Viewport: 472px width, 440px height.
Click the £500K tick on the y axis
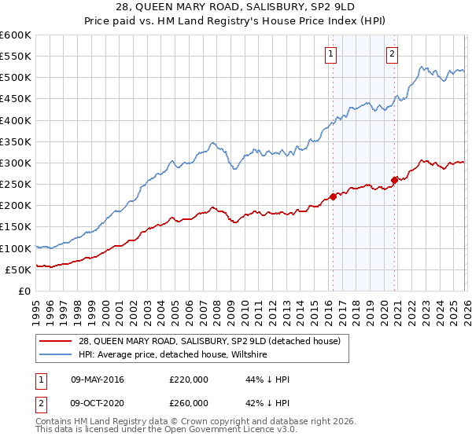[16, 78]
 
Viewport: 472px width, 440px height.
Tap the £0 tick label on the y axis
[24, 291]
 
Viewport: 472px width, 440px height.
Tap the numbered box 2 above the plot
[391, 54]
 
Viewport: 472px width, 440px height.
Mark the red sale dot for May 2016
[333, 196]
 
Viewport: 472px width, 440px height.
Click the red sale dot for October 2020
[394, 180]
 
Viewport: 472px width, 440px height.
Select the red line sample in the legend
[56, 341]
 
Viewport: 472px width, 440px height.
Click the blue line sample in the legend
[56, 354]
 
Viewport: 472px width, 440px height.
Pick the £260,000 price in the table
[188, 403]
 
